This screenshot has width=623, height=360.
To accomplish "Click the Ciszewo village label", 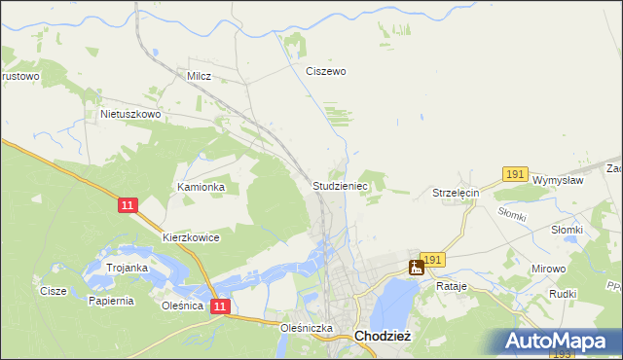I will (326, 71).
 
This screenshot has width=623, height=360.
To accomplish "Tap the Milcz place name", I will (200, 75).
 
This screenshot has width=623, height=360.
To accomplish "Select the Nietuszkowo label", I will (130, 114).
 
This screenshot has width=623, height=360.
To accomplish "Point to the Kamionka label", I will (201, 187).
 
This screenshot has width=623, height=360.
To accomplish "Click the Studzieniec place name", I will (340, 185).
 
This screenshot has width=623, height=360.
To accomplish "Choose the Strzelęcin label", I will (457, 194).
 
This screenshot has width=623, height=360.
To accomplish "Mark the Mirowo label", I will (549, 268).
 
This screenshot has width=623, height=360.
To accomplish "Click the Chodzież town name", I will (384, 336).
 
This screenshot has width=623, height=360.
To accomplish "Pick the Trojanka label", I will (127, 268).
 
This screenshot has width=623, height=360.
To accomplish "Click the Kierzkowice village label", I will (191, 237).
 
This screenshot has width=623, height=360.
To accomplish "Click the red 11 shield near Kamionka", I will (128, 205).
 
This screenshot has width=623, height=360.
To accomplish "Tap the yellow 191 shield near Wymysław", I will (515, 173).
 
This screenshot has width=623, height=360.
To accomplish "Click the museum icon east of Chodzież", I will (416, 267).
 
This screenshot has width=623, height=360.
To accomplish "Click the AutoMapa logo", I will (561, 342).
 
